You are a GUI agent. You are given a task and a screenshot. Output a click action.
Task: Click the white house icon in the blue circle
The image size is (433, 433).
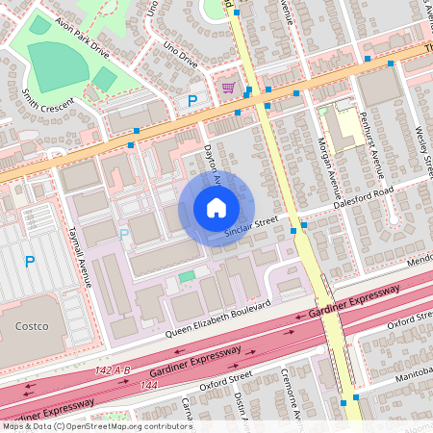point(216,208)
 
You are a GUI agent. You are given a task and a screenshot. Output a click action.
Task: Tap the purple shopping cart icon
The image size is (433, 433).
point(227,88)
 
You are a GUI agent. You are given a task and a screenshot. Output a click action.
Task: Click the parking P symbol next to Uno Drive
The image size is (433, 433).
point(192,101)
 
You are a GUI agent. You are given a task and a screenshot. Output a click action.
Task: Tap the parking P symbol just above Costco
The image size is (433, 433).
point(30,261)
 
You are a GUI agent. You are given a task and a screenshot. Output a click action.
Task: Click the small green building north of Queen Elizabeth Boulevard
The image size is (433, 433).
point(186,276)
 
